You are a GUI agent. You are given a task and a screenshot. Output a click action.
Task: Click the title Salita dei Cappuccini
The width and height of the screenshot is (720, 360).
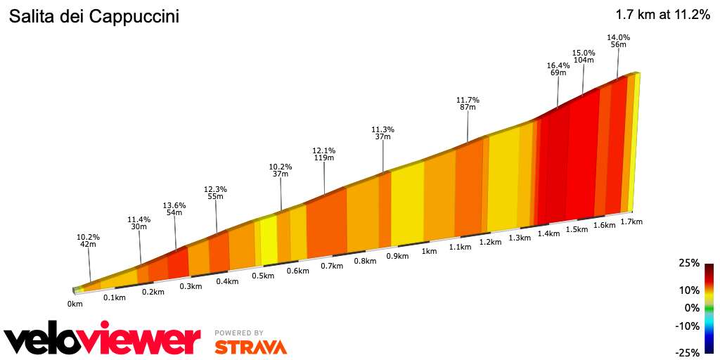[94, 17]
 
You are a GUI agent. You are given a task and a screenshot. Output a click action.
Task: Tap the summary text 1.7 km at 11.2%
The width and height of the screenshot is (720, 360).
[662, 15]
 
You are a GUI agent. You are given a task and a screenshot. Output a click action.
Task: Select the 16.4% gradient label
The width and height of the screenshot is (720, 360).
[559, 65]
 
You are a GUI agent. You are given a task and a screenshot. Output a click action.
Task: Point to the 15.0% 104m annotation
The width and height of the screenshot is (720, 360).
[584, 56]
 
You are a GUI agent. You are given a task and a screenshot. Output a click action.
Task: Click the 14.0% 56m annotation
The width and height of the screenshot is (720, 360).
[619, 41]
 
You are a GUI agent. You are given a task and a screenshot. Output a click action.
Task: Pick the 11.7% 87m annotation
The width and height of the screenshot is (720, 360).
[468, 103]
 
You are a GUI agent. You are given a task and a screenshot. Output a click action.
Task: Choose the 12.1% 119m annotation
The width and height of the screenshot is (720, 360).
[324, 154]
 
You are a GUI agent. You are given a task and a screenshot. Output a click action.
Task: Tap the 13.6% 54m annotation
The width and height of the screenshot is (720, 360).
[174, 209]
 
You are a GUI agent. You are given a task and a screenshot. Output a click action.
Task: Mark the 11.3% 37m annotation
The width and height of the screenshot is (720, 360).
[383, 133]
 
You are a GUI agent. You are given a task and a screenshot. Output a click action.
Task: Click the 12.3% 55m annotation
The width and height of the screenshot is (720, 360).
[215, 193]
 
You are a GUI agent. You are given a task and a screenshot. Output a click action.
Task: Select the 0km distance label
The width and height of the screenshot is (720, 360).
[75, 304]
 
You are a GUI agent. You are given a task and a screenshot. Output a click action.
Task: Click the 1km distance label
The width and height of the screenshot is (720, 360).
[429, 252]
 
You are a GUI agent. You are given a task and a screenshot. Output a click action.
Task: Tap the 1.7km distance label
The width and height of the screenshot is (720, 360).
[632, 221]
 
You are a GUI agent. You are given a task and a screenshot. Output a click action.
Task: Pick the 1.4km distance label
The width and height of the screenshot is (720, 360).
[548, 233]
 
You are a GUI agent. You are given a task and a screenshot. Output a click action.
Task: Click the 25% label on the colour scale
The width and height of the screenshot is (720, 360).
[689, 263]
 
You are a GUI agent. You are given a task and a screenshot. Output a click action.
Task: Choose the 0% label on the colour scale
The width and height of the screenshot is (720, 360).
[692, 308]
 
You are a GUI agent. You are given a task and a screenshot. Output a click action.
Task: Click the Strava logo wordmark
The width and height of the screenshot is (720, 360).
[250, 347]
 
